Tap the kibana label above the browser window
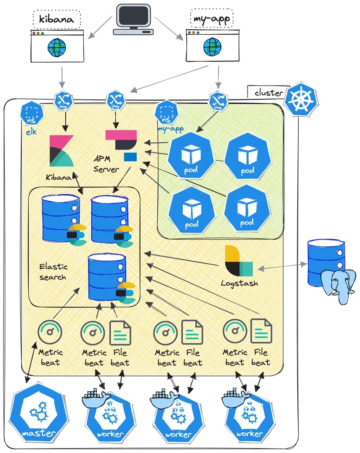pyautogui.click(x=57, y=19)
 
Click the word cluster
pyautogui.click(x=269, y=93)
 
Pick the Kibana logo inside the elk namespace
pyautogui.click(x=61, y=152)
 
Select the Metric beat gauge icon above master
pyautogui.click(x=49, y=333)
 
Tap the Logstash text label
pyautogui.click(x=239, y=284)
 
